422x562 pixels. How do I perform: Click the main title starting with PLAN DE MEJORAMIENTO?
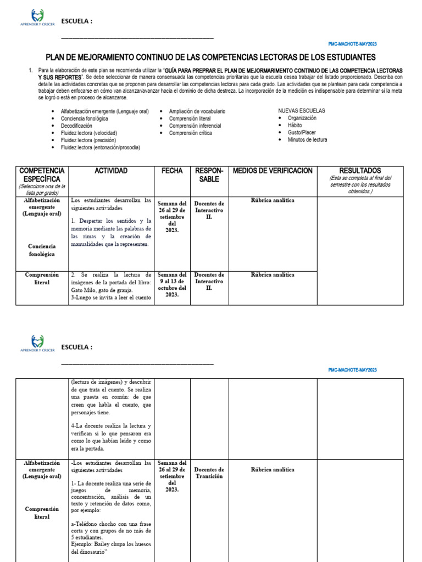point(210,57)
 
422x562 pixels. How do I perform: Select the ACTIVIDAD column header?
point(111,171)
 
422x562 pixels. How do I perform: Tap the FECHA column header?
point(171,171)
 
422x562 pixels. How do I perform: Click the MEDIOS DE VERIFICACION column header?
point(273,171)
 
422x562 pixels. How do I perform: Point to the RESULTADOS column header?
point(360,171)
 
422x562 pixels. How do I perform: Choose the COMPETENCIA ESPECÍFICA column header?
point(42,175)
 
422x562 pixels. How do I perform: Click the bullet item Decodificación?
point(76,126)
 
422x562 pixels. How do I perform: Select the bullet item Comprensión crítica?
point(190,133)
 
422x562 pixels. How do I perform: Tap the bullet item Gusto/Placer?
point(302,133)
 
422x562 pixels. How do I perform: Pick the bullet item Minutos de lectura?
point(307,140)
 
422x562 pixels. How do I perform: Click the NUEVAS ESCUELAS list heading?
point(301,111)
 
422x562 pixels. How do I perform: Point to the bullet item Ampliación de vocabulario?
point(197,111)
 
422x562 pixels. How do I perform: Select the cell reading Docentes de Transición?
point(209,473)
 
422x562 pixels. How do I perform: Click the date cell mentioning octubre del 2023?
point(172,284)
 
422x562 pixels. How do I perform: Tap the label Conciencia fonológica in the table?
point(42,250)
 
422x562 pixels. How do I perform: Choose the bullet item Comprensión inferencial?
point(195,126)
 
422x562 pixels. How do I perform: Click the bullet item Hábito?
point(295,126)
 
